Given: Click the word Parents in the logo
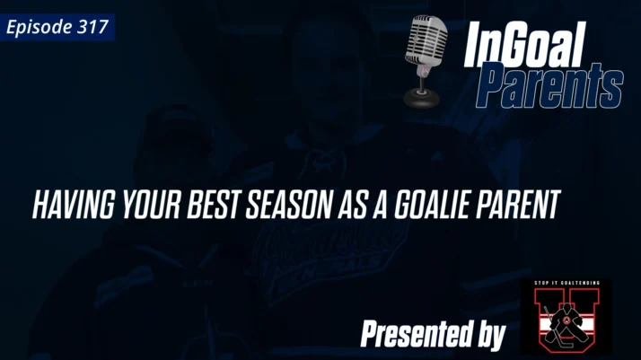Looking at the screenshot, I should pos(549,86).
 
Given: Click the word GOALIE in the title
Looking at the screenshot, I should pos(430,206).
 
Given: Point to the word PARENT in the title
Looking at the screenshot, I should pos(521,206).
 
